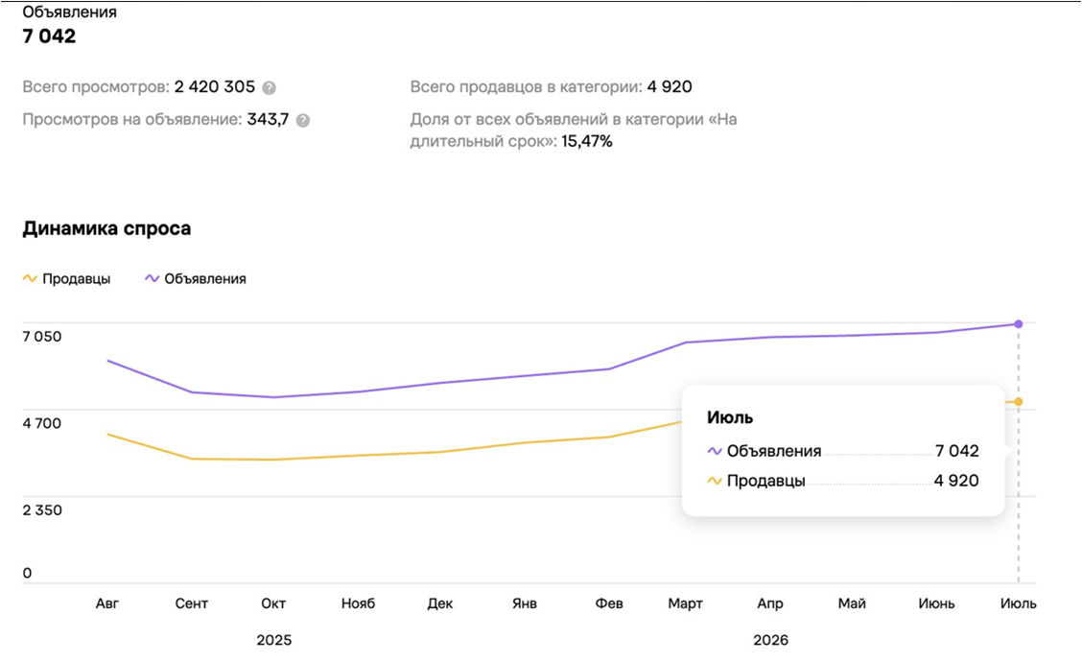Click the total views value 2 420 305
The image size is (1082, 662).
tap(215, 87)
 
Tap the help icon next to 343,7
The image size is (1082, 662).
tap(303, 120)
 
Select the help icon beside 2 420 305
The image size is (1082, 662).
tap(270, 87)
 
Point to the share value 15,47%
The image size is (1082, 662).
tap(586, 141)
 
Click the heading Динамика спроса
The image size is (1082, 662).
tap(106, 228)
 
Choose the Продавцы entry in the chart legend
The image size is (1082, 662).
tap(66, 279)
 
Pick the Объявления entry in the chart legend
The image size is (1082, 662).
tap(196, 279)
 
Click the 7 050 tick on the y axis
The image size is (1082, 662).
tap(42, 337)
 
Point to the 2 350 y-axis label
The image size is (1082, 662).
tap(42, 510)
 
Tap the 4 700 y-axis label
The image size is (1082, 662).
tap(42, 423)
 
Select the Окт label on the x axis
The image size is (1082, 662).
tap(273, 603)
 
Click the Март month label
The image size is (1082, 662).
tap(685, 604)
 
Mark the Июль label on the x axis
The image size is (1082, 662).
tap(1019, 603)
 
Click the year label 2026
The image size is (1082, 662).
tap(771, 640)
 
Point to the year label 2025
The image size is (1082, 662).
tap(274, 640)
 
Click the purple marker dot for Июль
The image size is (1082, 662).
tap(1019, 323)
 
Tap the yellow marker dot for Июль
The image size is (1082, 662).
tap(1019, 402)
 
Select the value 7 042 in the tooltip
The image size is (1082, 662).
tap(957, 451)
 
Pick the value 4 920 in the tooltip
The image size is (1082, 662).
tap(956, 481)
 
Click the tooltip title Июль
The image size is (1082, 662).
tap(730, 417)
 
